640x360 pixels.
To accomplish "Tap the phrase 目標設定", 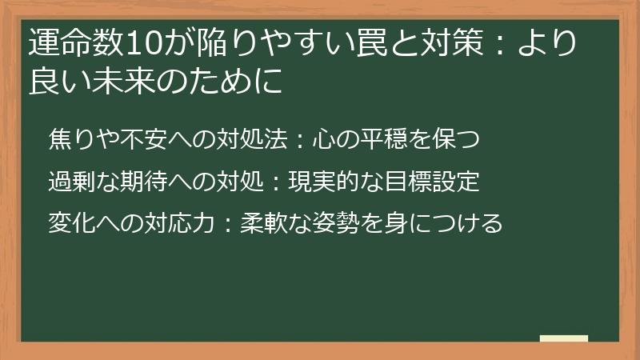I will click(436, 182).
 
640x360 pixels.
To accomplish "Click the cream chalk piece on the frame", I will click(563, 338).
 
